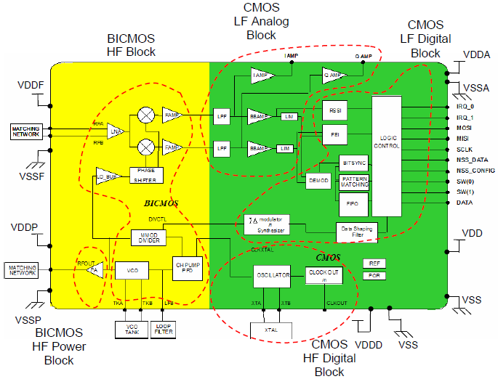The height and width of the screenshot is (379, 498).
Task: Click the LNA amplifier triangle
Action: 114,131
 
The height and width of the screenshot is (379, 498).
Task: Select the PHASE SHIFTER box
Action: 146,174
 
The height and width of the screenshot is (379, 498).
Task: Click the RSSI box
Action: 334,110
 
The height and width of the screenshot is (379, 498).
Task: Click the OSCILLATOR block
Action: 272,275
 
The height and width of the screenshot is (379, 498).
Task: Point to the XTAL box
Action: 270,330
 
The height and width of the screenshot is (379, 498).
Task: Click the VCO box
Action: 132,271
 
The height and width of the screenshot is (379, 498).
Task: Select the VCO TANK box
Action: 132,329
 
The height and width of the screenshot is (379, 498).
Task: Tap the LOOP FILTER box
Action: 164,329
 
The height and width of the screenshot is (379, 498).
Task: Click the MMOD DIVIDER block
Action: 149,238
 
